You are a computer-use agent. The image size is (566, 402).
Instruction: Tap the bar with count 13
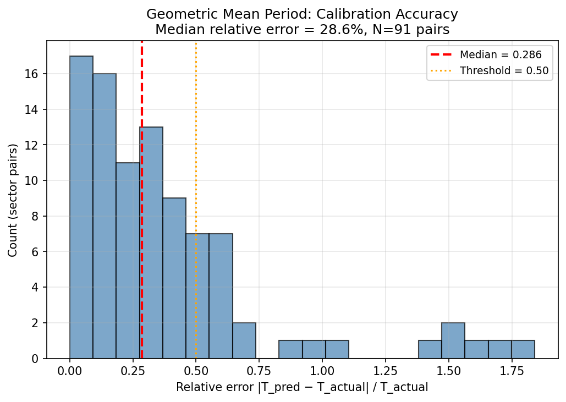(152, 243)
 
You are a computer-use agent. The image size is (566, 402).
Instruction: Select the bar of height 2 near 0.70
(244, 340)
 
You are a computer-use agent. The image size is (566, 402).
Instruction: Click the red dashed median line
(142, 110)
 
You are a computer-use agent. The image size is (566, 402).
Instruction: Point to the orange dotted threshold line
(196, 137)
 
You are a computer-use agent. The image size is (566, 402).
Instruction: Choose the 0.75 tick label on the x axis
(259, 371)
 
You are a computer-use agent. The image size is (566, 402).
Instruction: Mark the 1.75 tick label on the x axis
(512, 371)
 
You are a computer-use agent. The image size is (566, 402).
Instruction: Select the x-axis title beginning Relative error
(302, 388)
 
